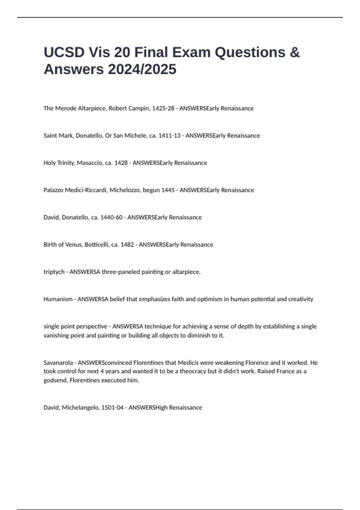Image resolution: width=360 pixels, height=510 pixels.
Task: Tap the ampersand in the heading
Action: (x=295, y=52)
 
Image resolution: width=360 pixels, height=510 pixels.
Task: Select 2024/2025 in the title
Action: (x=142, y=70)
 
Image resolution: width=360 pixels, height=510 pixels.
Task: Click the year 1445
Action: (x=168, y=190)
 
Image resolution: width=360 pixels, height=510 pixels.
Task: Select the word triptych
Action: (x=54, y=272)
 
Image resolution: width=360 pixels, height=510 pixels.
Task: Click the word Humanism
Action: (x=58, y=299)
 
